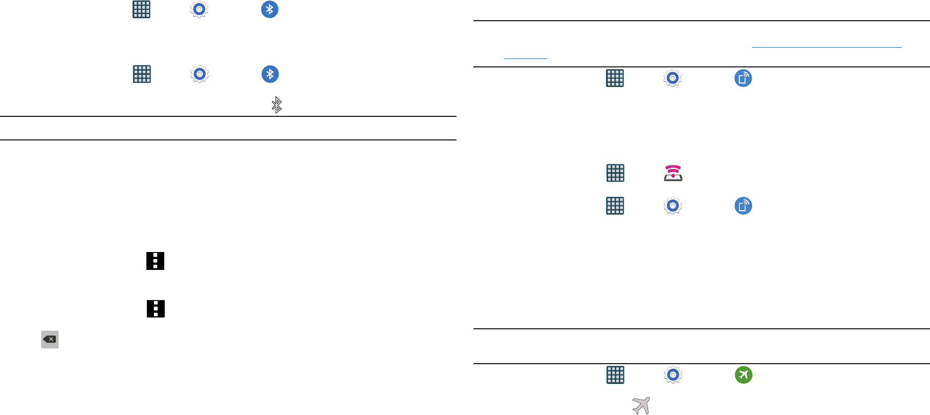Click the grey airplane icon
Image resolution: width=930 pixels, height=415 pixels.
[641, 405]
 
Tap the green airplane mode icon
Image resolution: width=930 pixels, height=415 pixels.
[744, 375]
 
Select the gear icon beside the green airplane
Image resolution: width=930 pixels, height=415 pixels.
[673, 375]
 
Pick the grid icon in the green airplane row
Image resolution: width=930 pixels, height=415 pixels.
[615, 375]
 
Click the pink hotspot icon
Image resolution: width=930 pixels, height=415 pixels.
[673, 173]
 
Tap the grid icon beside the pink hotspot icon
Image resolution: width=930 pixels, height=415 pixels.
[615, 173]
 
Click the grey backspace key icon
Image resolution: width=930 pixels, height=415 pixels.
[50, 339]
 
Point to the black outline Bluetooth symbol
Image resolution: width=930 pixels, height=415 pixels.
[277, 105]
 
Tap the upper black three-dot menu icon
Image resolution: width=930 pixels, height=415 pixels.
[155, 260]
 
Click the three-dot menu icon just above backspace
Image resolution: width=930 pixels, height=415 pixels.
[156, 309]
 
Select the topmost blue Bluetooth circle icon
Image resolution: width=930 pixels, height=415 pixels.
[270, 9]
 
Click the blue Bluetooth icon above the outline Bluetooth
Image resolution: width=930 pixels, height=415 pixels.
[270, 74]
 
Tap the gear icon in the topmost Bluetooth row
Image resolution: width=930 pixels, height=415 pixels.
[199, 9]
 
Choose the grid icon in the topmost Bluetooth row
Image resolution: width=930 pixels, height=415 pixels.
[142, 9]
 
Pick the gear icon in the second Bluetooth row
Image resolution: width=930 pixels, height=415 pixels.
[200, 74]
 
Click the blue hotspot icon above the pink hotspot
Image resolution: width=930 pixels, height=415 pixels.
[743, 78]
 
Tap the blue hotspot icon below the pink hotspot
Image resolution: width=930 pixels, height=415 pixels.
[743, 206]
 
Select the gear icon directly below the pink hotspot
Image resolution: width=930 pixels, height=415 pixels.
[673, 206]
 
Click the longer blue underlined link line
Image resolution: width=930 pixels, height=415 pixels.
[826, 47]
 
